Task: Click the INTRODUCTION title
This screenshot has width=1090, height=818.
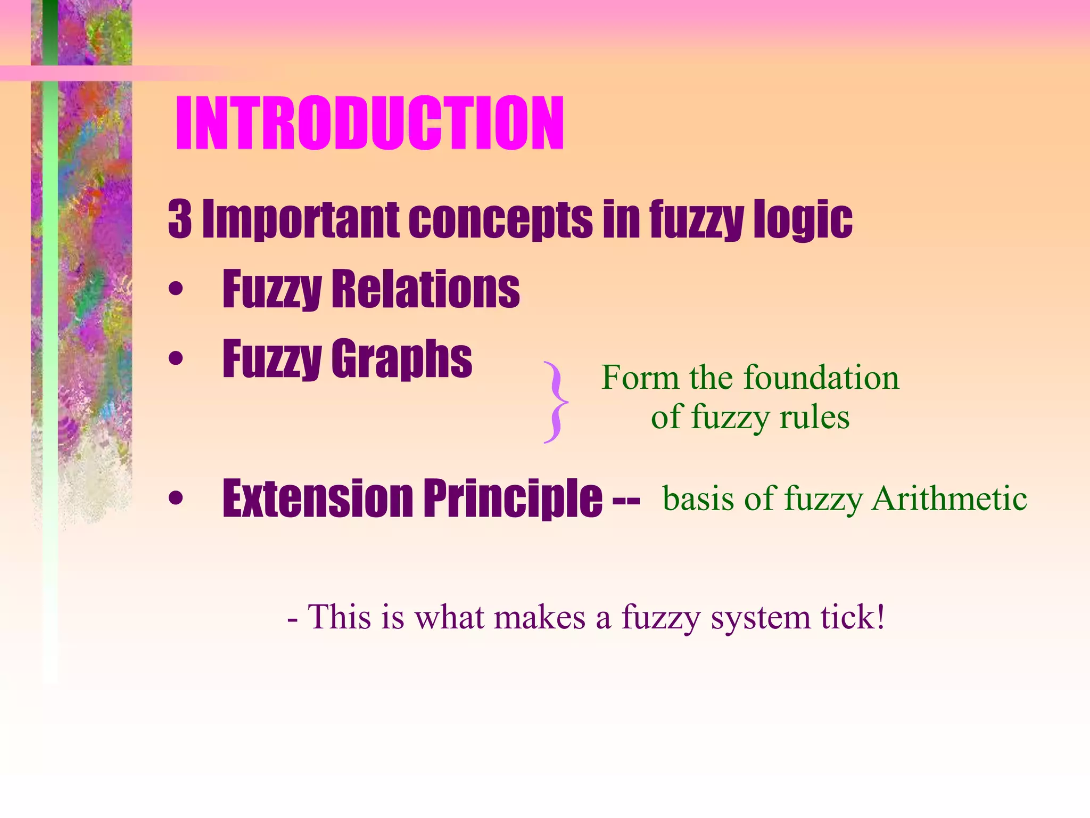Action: pos(369,124)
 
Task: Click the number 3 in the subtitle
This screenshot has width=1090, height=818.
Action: pos(180,219)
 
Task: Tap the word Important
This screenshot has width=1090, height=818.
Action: pos(301,219)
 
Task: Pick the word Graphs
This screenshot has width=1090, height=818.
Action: pos(402,359)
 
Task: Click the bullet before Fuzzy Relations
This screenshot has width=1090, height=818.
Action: pos(176,290)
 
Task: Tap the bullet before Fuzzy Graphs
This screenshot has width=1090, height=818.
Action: pos(176,359)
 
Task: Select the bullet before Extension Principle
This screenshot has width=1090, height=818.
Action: pos(176,499)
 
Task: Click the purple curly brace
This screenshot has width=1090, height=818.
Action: pos(555,402)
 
